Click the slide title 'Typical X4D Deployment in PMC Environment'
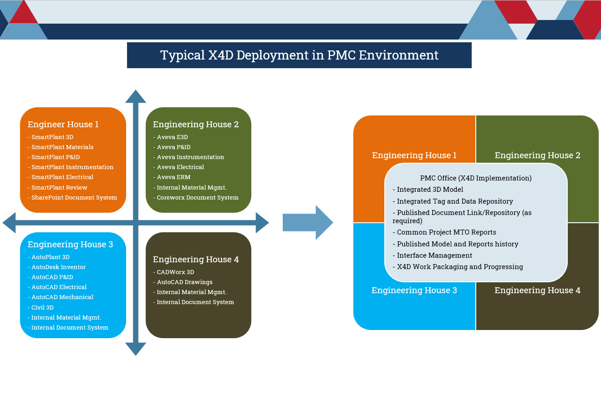[x=299, y=55]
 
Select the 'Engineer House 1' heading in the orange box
[x=63, y=124]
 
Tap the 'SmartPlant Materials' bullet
[x=61, y=147]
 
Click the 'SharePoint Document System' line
[x=72, y=197]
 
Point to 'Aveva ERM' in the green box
[x=172, y=177]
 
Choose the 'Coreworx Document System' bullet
[x=196, y=197]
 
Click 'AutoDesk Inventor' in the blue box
[x=56, y=267]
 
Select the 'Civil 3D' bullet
[x=41, y=307]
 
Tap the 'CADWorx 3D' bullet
[x=173, y=272]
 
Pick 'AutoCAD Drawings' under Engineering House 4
[x=183, y=282]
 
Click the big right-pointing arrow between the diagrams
[x=308, y=222]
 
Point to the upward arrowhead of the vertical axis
[x=136, y=96]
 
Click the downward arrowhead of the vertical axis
[x=136, y=349]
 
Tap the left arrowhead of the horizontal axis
[x=9, y=223]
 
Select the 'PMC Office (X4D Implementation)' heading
[x=476, y=178]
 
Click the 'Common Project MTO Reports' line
[x=444, y=232]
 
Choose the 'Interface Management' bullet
[x=433, y=255]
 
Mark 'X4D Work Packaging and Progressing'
[x=458, y=267]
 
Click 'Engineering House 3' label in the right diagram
[x=414, y=290]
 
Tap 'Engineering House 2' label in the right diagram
[x=537, y=155]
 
